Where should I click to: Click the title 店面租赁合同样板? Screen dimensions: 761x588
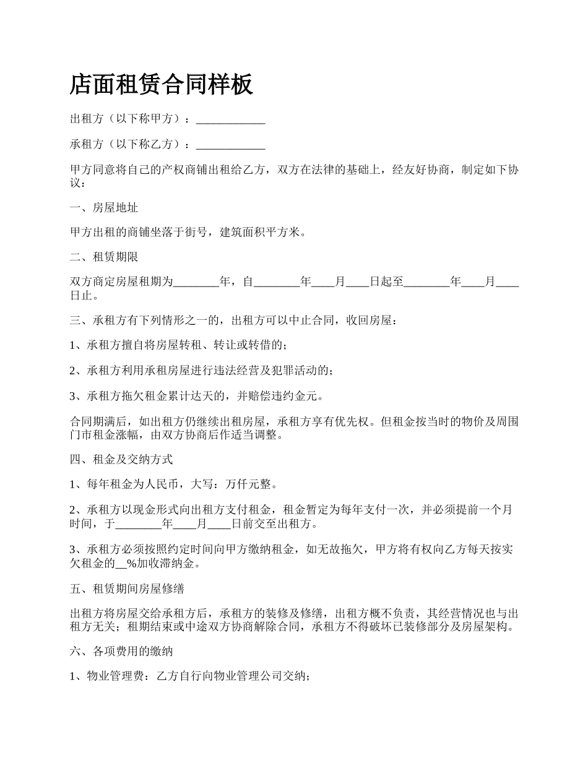point(162,85)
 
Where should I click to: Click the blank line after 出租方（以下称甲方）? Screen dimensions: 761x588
point(230,119)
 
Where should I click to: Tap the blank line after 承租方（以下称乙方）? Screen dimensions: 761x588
point(230,145)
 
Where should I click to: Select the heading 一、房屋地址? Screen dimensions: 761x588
point(104,208)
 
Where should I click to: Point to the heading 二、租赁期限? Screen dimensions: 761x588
point(104,257)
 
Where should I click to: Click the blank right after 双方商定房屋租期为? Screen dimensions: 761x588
point(196,283)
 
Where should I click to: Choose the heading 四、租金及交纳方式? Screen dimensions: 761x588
point(121,459)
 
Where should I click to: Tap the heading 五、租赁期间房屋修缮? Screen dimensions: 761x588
point(127,588)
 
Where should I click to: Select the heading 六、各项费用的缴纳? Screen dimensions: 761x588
point(121,651)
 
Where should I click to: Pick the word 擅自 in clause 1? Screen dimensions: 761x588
point(132,345)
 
